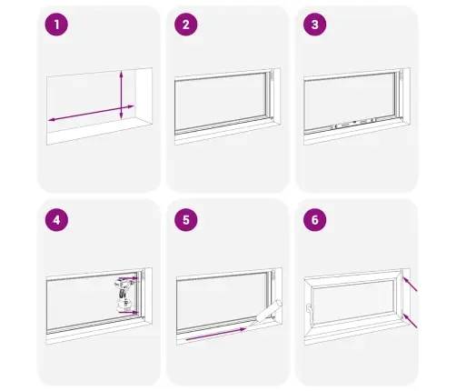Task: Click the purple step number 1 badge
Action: pos(56,25)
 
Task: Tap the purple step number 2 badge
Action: pos(186,25)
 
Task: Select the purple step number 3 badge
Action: pos(315,25)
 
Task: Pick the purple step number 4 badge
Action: pos(56,220)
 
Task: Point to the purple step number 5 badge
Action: pos(186,220)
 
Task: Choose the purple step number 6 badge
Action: pos(315,220)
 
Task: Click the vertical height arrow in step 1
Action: pos(121,95)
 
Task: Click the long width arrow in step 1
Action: pos(91,113)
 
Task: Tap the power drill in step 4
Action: pos(124,296)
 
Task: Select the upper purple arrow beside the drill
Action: pos(128,278)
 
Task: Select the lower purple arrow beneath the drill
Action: pos(128,312)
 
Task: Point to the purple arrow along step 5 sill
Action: pos(216,334)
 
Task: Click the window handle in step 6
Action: pos(309,309)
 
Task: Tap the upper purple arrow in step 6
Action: pos(410,285)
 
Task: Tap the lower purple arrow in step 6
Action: pos(410,321)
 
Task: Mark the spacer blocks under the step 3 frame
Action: pos(353,123)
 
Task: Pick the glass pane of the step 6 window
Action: pos(353,302)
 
